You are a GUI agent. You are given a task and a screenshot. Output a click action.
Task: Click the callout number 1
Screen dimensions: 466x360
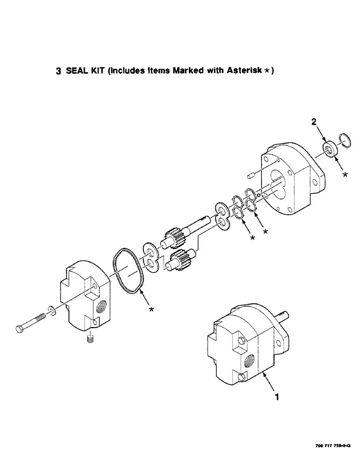coord(277,397)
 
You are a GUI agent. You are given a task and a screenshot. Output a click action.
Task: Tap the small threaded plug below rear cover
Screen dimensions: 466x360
coord(90,339)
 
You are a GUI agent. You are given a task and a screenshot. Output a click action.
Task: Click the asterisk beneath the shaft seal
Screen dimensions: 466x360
coord(345,175)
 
